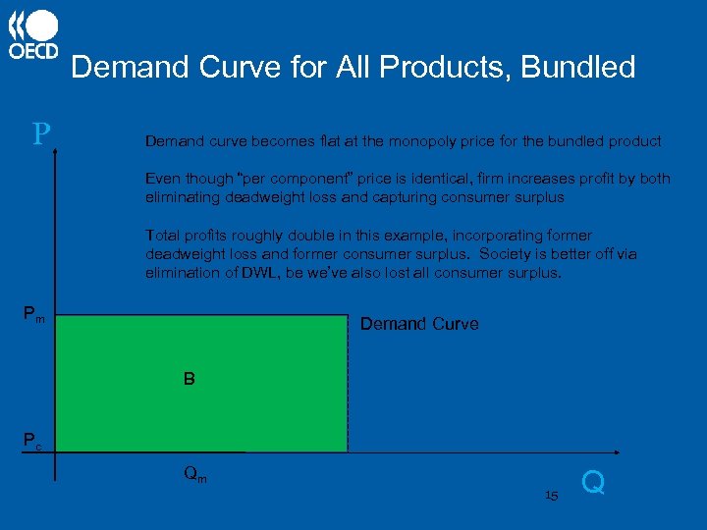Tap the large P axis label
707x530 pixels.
pyautogui.click(x=40, y=134)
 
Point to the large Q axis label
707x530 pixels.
pyautogui.click(x=593, y=482)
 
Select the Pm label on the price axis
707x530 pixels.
pyautogui.click(x=33, y=315)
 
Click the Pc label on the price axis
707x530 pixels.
pyautogui.click(x=33, y=441)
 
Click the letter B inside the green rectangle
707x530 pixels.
pyautogui.click(x=189, y=377)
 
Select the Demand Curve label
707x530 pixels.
pyautogui.click(x=419, y=324)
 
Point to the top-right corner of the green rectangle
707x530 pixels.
pyautogui.click(x=348, y=315)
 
